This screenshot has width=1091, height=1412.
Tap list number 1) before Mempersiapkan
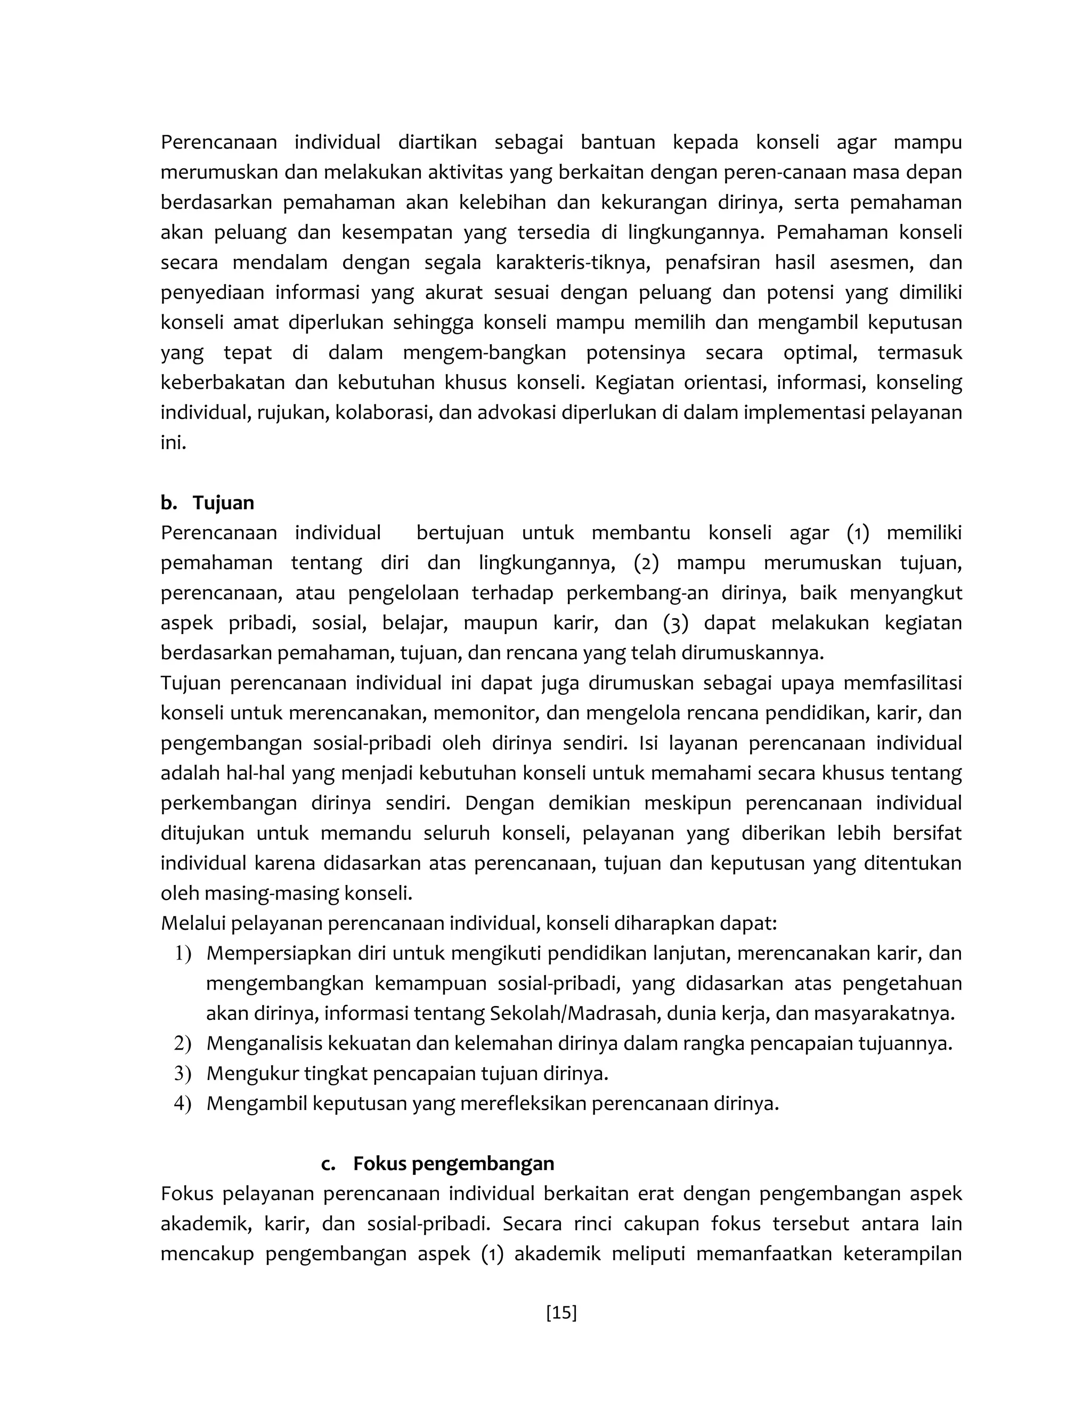[x=183, y=954]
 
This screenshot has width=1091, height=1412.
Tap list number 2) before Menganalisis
[x=183, y=1043]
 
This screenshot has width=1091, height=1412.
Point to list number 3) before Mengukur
[x=183, y=1073]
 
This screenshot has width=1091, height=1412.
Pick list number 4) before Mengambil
[x=183, y=1103]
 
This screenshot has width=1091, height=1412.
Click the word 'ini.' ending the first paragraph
[x=173, y=443]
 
